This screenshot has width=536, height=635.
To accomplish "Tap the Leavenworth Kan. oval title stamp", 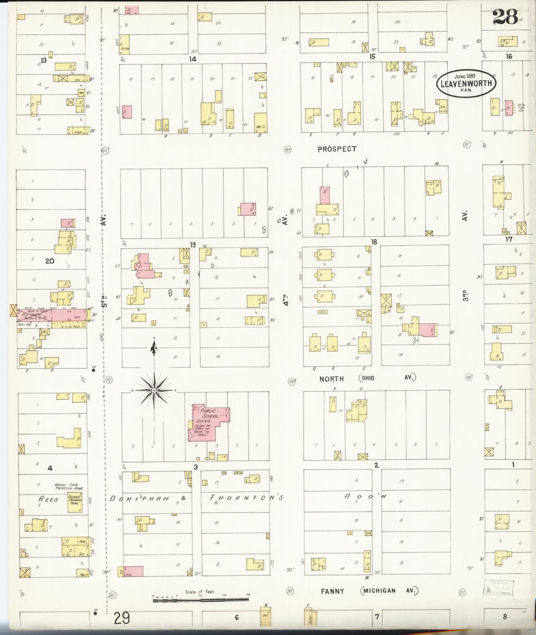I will pos(466,83).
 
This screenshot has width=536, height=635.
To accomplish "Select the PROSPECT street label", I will pos(337,149).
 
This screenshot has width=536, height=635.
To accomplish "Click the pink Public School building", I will pos(209,423).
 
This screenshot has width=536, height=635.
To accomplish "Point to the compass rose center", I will pos(154,390).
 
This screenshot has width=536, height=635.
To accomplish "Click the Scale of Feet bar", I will pos(200,599).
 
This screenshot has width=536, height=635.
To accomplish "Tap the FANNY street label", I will pos(332,591).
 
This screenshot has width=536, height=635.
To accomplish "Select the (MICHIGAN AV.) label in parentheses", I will pos(389,591).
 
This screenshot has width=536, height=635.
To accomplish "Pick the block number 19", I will pos(192,245).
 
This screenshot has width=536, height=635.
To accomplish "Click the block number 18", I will pos(374,242).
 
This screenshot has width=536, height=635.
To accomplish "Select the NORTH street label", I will pos(332,379).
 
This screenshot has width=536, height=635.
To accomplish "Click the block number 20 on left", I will pos(49,261).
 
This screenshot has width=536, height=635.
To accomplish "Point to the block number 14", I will pos(192,59).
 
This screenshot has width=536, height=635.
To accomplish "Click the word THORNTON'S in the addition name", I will pos(246,498).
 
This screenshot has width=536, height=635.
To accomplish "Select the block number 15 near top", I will pos(372,56).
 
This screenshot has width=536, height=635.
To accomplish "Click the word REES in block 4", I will pos(48,499).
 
